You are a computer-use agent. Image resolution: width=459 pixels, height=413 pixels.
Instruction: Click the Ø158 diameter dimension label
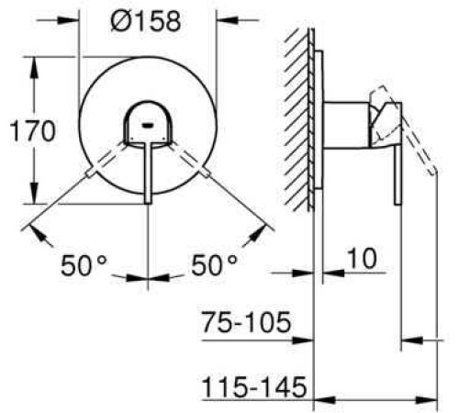tap(146, 21)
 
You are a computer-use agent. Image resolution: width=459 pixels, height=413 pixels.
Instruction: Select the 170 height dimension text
tap(33, 131)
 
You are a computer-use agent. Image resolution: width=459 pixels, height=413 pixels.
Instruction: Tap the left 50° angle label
tap(84, 265)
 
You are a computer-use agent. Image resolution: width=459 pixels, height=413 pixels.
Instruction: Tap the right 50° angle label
tap(214, 265)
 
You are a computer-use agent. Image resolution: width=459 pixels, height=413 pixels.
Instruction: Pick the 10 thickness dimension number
tap(362, 259)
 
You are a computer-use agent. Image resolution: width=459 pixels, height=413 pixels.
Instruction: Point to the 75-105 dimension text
tap(246, 322)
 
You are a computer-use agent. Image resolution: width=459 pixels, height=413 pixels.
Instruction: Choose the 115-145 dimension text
tap(254, 386)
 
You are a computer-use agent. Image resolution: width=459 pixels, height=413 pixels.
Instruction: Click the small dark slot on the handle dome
tap(148, 125)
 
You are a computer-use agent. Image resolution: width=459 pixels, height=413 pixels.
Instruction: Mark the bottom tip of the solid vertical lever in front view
tap(148, 203)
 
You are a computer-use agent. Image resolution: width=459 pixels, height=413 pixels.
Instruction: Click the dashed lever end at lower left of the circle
tap(91, 173)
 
